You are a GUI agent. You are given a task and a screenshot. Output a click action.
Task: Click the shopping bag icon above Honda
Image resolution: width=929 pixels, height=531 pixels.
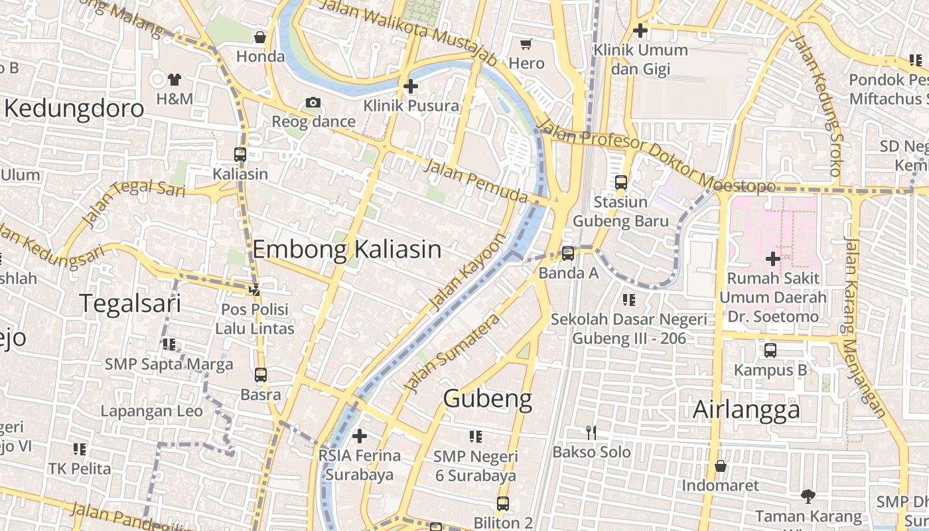click(260, 37)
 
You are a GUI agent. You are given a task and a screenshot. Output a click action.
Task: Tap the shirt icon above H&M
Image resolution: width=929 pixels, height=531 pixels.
click(175, 80)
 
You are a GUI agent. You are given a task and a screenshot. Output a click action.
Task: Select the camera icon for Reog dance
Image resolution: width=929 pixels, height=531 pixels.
click(313, 102)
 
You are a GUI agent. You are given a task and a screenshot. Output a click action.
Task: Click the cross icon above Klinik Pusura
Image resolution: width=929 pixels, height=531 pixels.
click(411, 86)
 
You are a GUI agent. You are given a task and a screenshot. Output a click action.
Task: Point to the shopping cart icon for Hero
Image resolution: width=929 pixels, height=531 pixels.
click(526, 44)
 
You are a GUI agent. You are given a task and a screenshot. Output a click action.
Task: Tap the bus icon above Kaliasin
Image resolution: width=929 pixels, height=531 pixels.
click(240, 155)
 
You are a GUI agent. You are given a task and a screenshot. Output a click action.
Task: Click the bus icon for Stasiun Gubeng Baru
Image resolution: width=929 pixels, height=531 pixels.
click(621, 182)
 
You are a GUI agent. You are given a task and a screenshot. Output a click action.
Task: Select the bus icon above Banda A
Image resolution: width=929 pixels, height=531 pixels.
click(568, 253)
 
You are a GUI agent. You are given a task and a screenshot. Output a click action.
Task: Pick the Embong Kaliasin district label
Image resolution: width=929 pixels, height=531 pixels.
click(347, 250)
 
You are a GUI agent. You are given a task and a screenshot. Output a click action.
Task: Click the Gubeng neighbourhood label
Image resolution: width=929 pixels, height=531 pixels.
click(488, 399)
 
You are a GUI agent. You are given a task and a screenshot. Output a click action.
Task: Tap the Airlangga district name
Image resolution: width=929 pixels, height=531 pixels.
click(747, 410)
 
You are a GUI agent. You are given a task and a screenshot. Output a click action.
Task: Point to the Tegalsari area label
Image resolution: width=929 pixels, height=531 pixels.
click(130, 303)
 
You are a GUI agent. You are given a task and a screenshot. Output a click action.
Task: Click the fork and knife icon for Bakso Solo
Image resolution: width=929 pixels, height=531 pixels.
click(591, 433)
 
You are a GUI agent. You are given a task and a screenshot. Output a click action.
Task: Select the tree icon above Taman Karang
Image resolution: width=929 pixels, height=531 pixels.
click(808, 496)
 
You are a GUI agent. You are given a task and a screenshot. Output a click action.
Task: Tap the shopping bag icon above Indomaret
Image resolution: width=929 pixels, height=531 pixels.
click(721, 466)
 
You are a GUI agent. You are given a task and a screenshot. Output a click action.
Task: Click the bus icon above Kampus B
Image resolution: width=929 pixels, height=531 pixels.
click(770, 350)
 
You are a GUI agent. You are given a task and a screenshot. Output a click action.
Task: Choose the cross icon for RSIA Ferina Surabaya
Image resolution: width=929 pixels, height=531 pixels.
click(360, 436)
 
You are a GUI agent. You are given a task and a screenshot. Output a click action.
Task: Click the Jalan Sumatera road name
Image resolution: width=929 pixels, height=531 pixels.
click(451, 353)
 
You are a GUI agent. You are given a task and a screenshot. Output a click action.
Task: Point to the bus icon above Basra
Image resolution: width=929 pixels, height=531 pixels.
click(261, 375)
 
